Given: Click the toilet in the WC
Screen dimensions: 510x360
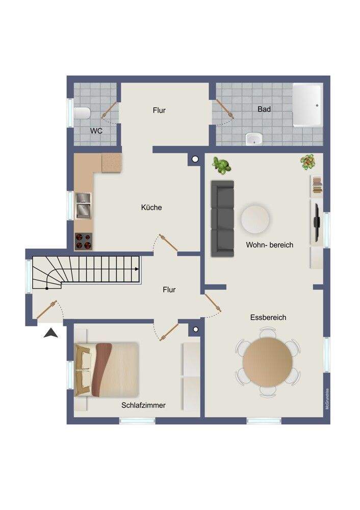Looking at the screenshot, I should click(82, 113).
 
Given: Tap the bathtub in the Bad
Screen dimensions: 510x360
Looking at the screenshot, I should click(307, 106).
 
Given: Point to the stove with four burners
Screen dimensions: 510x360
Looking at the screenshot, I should click(84, 241).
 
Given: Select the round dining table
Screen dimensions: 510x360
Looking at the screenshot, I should click(267, 363).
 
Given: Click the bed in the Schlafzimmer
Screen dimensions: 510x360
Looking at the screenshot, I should click(108, 369).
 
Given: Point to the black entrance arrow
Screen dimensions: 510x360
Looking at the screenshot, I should click(50, 333).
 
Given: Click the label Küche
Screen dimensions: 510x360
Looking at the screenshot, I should click(151, 208).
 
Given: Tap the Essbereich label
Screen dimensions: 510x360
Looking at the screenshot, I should click(268, 317).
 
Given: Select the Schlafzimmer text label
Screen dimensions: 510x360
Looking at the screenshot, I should click(143, 405).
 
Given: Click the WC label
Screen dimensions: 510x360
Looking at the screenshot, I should click(97, 131).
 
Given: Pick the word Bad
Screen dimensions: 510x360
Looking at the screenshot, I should click(264, 109).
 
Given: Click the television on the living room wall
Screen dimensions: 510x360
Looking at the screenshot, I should click(316, 222).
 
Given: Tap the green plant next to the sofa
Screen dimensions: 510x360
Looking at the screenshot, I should click(222, 165).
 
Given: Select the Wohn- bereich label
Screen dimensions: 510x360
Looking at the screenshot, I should click(269, 245).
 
